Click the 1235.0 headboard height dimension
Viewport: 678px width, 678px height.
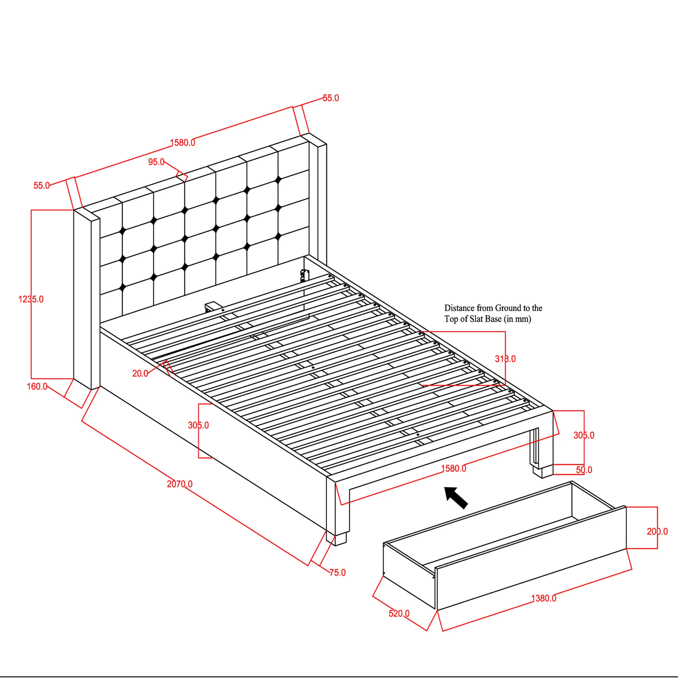click(31, 299)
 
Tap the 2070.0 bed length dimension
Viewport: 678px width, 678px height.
click(179, 484)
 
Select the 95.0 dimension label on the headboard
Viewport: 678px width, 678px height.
click(156, 162)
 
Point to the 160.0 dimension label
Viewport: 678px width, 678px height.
click(37, 386)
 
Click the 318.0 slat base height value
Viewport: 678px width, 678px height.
click(505, 359)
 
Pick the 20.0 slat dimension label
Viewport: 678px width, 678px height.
click(140, 373)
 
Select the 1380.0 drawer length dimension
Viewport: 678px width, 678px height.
click(544, 598)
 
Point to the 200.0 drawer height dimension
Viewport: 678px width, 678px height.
click(657, 531)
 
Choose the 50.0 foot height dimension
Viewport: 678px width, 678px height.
click(584, 470)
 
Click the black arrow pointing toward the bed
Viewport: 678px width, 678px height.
click(456, 497)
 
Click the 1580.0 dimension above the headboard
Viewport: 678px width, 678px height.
click(182, 142)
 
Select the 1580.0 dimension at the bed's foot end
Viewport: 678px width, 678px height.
click(453, 468)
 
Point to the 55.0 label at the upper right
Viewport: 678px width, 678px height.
click(331, 98)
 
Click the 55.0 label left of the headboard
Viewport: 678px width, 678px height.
click(41, 185)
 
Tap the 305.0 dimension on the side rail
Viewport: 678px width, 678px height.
click(198, 425)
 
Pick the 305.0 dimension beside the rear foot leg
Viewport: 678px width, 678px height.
click(584, 435)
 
